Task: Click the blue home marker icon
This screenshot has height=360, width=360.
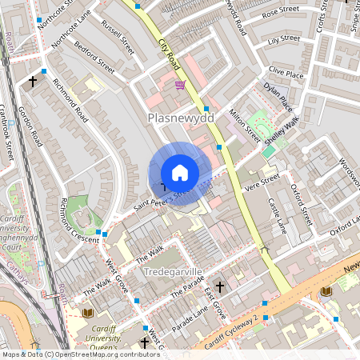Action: [x=180, y=173]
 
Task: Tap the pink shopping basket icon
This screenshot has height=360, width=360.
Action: [x=180, y=84]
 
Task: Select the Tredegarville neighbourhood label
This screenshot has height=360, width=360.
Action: [x=174, y=273]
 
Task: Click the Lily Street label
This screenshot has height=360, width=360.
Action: [x=284, y=38]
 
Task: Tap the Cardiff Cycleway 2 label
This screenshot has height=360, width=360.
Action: [x=231, y=333]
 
